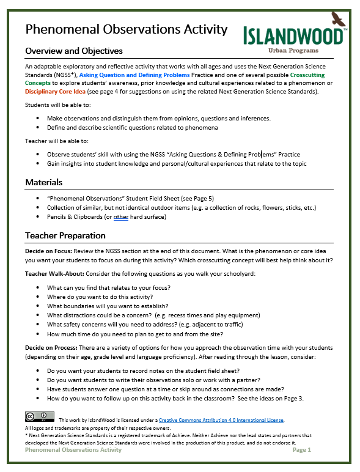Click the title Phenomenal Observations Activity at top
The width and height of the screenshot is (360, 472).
pos(126,29)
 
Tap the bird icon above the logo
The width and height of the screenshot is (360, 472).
pos(338,18)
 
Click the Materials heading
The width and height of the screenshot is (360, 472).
pos(45,182)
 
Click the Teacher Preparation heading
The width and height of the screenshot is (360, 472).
pos(65,235)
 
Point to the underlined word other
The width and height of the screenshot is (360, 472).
pos(120,217)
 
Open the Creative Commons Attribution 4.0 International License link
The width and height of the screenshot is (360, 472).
pos(221,420)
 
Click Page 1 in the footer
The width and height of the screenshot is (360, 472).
pos(302,449)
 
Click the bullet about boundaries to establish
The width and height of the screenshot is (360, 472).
pos(116,306)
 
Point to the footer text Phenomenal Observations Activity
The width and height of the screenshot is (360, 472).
pos(73,449)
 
